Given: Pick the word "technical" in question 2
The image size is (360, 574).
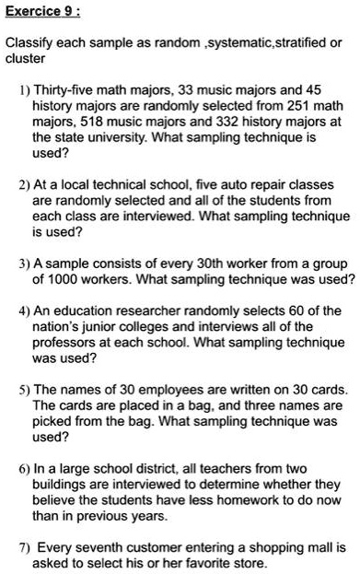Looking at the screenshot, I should point(119,183).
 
